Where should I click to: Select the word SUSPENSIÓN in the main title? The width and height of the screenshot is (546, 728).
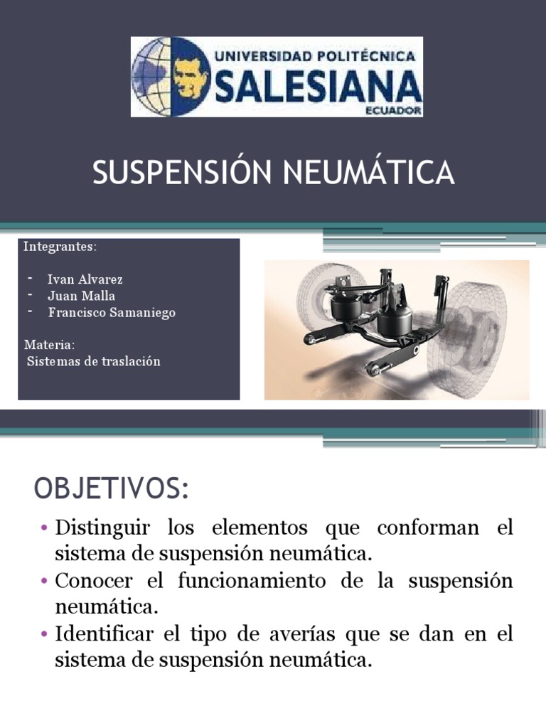pyautogui.click(x=182, y=173)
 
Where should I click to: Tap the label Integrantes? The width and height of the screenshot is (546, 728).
pyautogui.click(x=59, y=247)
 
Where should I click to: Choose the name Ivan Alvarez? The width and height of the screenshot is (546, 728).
pyautogui.click(x=85, y=279)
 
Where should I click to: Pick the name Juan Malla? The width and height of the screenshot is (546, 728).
pyautogui.click(x=81, y=296)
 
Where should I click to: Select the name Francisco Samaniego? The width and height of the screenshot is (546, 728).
pyautogui.click(x=112, y=312)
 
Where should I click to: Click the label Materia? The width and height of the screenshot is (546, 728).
pyautogui.click(x=49, y=345)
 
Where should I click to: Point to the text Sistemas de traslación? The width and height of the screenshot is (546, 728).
pyautogui.click(x=93, y=361)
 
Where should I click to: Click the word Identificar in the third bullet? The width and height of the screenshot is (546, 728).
pyautogui.click(x=106, y=633)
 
